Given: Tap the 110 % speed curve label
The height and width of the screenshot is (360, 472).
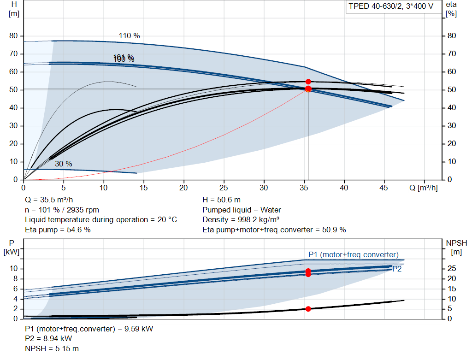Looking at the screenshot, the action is (130, 36).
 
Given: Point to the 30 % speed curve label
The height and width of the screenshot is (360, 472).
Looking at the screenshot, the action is (64, 164).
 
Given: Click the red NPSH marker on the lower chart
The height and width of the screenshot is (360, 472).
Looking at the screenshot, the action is (308, 309).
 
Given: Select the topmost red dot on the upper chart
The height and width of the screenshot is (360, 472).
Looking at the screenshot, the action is (308, 82).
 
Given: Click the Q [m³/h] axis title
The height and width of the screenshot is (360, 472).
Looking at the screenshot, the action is (423, 188).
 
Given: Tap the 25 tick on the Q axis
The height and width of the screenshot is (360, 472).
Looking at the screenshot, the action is (224, 188).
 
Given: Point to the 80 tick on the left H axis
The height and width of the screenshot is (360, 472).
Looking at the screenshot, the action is (13, 36).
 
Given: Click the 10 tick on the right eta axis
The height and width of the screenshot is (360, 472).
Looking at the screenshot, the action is (452, 162).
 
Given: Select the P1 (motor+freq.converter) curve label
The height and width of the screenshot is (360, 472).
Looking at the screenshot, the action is (354, 254).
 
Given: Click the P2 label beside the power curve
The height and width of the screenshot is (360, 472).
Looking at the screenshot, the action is (397, 269).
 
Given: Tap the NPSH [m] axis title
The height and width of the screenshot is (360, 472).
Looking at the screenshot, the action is (456, 247).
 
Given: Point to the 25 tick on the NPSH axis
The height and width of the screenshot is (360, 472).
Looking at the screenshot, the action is (452, 268).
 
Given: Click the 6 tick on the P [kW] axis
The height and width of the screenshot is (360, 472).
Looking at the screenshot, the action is (16, 289).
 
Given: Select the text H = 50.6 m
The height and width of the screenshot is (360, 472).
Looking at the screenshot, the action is (222, 200).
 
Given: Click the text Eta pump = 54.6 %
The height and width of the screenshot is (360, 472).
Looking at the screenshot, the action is (58, 230).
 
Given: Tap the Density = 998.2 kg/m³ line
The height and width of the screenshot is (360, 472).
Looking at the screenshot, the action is (241, 220).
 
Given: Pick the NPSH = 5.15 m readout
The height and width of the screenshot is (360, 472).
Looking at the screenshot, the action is (52, 348).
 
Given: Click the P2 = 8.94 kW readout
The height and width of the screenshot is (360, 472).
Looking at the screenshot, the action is (48, 339).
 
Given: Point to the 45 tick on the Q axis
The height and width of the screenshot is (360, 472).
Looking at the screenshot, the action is (384, 188).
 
